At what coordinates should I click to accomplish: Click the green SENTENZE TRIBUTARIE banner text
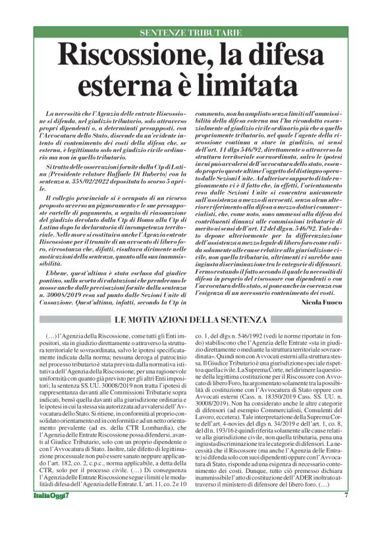pyautogui.click(x=190, y=32)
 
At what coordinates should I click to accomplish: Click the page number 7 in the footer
pyautogui.click(x=345, y=513)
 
